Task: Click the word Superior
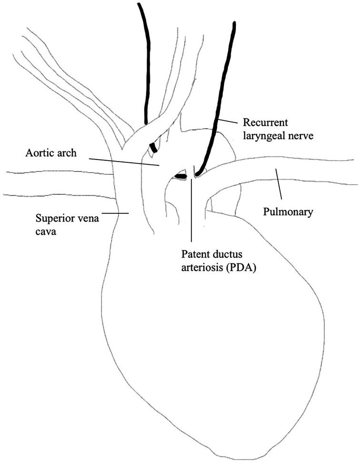point(54,219)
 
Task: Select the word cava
point(45,232)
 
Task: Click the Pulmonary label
point(288,212)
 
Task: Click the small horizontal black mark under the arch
point(180,177)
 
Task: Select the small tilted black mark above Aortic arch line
point(153,148)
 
